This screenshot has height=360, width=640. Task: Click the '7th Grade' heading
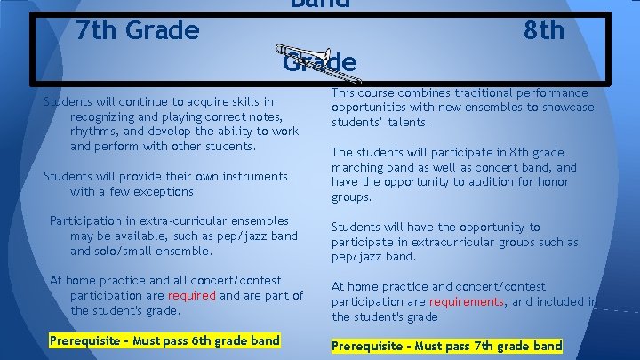137,30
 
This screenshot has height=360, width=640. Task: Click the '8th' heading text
543,30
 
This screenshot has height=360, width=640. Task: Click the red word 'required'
191,295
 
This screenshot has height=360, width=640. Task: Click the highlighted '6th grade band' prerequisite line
164,340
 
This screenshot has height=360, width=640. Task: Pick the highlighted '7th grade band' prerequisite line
446,346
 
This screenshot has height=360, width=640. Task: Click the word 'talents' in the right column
407,122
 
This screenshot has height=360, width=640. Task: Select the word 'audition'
502,182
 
